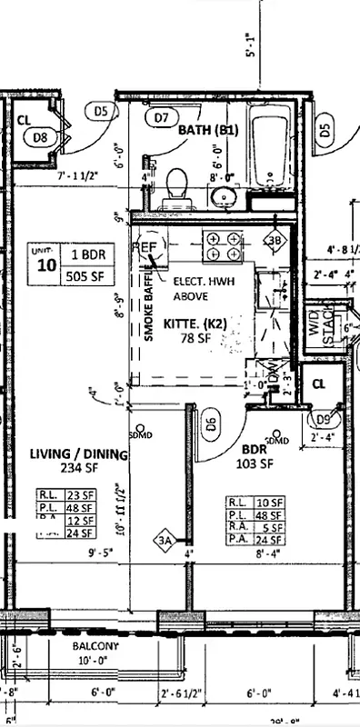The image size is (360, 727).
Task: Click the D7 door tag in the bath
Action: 162,116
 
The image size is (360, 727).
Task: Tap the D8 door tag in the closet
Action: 40,137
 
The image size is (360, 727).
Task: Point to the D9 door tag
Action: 321,419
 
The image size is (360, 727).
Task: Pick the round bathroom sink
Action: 223,197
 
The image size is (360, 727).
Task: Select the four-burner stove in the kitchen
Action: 225,246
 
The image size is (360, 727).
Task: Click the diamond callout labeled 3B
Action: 275,241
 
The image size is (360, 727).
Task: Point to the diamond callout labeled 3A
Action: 165,540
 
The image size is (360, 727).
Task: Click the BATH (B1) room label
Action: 207,130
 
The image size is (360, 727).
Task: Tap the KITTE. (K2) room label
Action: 194,324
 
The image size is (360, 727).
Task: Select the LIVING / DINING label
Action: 77,453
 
